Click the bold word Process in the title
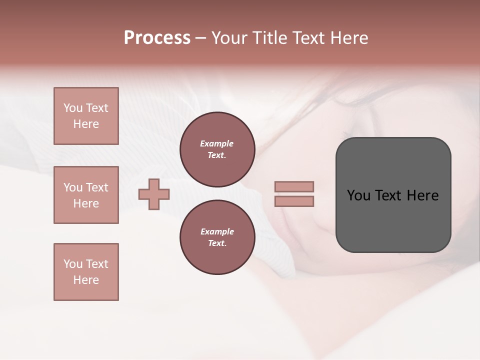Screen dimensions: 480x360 pyautogui.click(x=157, y=38)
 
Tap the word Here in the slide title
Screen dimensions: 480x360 pyautogui.click(x=349, y=38)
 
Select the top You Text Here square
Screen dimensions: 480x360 pyautogui.click(x=86, y=116)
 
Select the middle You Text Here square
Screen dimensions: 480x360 pyautogui.click(x=86, y=195)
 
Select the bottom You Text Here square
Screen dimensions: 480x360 pyautogui.click(x=86, y=272)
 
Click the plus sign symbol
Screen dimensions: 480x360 pyautogui.click(x=154, y=193)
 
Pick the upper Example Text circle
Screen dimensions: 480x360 pyautogui.click(x=217, y=149)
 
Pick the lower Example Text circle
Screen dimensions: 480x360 pyautogui.click(x=217, y=237)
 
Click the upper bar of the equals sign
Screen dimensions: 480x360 pyautogui.click(x=294, y=186)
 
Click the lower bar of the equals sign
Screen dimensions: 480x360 pyautogui.click(x=294, y=201)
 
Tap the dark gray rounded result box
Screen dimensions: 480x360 pyautogui.click(x=393, y=220)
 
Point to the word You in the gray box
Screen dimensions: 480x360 pyautogui.click(x=358, y=195)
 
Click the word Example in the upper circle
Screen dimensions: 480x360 pyautogui.click(x=217, y=143)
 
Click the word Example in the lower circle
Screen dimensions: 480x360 pyautogui.click(x=217, y=231)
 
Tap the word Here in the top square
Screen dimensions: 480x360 pyautogui.click(x=86, y=124)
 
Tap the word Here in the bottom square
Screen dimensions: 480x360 pyautogui.click(x=86, y=280)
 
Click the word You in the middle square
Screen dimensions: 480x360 pyautogui.click(x=73, y=187)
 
